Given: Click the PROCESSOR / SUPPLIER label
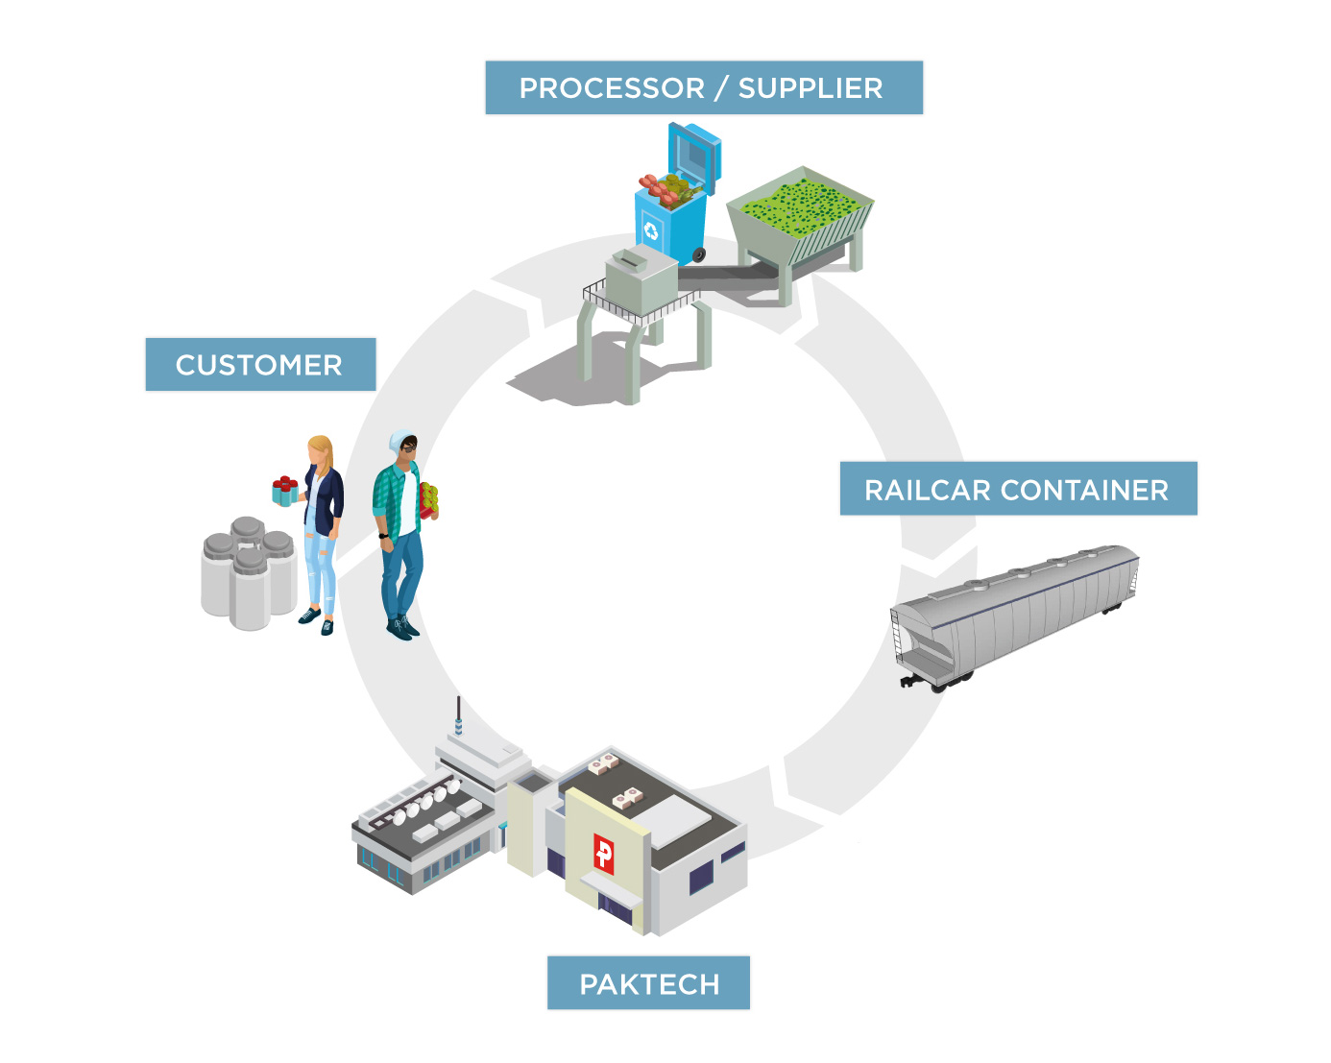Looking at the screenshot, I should (x=703, y=87).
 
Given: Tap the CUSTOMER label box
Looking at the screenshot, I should (x=259, y=365).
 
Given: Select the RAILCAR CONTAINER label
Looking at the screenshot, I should (x=1017, y=490).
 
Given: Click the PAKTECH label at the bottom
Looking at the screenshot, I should (x=648, y=983).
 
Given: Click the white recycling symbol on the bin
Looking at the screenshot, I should (x=652, y=230).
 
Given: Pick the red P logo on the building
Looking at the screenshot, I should (x=603, y=852).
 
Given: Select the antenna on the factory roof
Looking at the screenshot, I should (x=459, y=715).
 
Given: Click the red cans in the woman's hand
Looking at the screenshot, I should (x=284, y=485).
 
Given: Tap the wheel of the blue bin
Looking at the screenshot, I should (x=699, y=254).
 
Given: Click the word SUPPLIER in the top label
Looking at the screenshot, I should (x=810, y=88).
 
